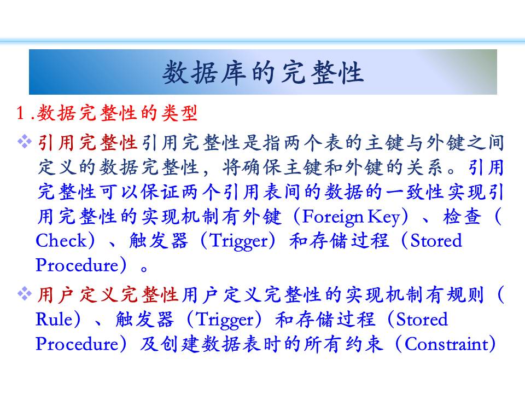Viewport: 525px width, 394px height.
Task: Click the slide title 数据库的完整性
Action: (x=263, y=72)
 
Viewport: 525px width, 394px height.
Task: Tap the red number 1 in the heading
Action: (x=20, y=113)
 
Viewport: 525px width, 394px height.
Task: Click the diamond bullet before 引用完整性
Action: (x=25, y=142)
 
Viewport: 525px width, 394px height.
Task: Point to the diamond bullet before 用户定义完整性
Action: (x=25, y=294)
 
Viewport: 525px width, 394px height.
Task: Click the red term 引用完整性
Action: (x=87, y=143)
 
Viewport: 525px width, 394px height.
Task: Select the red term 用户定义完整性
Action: (x=107, y=295)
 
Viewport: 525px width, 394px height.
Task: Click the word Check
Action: (x=61, y=241)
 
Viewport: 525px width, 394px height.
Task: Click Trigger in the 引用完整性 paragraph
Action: (x=239, y=241)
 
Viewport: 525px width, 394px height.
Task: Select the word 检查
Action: (x=462, y=217)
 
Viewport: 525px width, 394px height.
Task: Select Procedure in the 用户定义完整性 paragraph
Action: (x=77, y=344)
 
